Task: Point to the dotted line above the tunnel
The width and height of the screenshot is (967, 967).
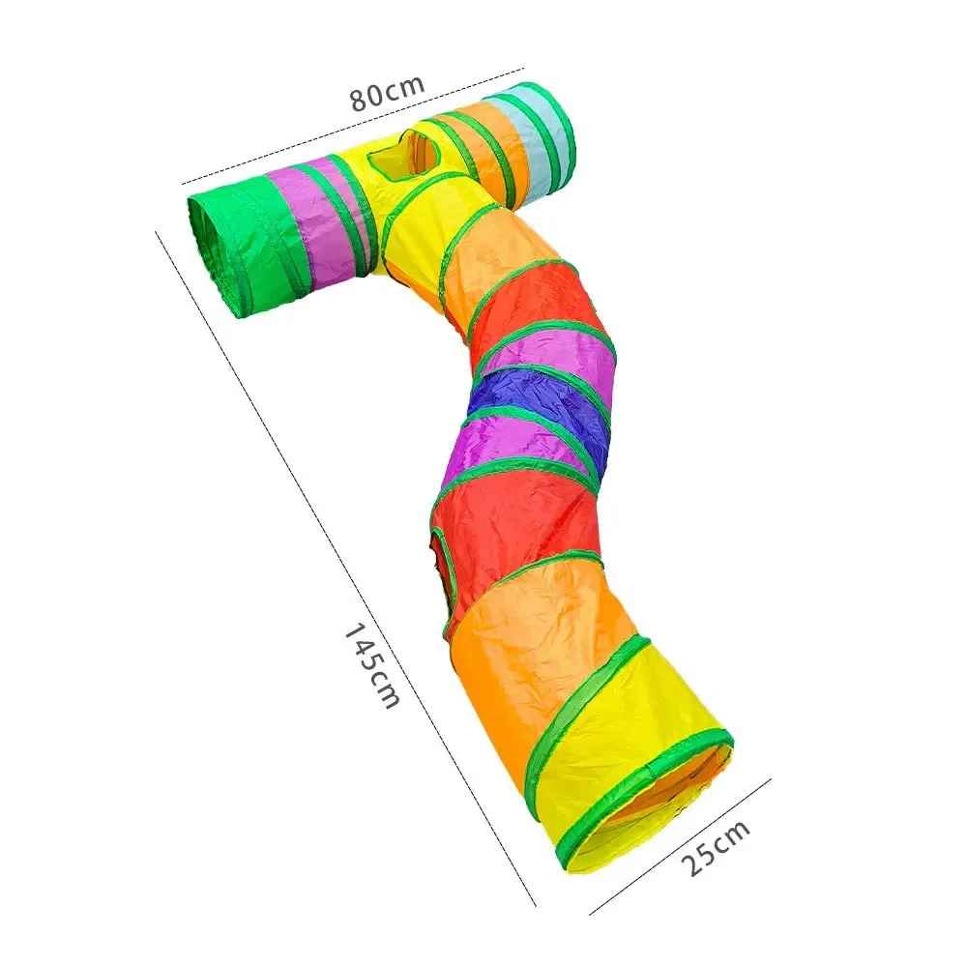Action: tap(353, 124)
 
